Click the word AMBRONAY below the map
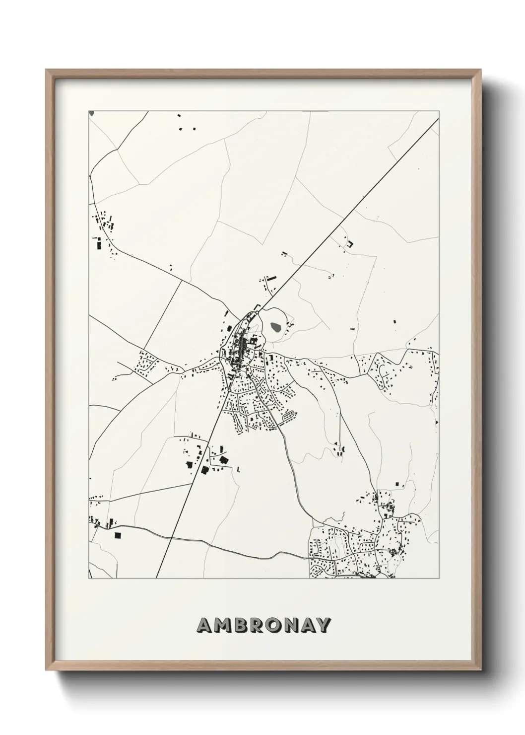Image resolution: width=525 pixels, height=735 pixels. (263, 625)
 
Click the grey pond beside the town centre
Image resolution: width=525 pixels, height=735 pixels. (276, 327)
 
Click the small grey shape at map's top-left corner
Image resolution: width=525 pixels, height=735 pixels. (91, 113)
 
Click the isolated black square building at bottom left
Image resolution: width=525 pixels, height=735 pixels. (118, 535)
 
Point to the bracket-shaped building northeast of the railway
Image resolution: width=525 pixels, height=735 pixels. (350, 244)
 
